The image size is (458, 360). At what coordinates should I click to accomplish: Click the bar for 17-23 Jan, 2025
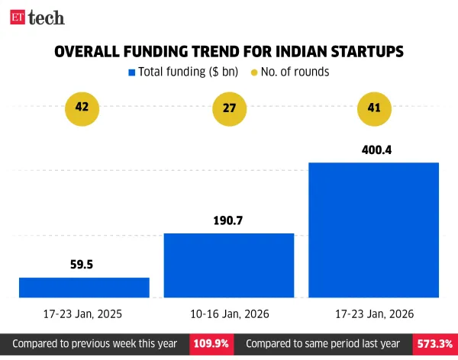pyautogui.click(x=84, y=287)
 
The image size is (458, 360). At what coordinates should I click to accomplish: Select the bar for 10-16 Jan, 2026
pyautogui.click(x=229, y=265)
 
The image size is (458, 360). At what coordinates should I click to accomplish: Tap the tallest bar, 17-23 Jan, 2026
pyautogui.click(x=373, y=230)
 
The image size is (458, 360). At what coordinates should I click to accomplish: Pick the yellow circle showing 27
pyautogui.click(x=229, y=108)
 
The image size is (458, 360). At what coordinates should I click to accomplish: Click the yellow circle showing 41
pyautogui.click(x=373, y=108)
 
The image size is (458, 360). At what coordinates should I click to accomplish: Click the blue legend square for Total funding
pyautogui.click(x=131, y=72)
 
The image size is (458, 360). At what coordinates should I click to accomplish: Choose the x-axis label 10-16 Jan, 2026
pyautogui.click(x=229, y=313)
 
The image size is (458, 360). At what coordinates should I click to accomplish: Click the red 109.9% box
pyautogui.click(x=210, y=344)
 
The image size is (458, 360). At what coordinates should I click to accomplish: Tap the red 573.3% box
pyautogui.click(x=434, y=344)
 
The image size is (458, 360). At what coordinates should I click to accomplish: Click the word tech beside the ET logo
pyautogui.click(x=47, y=18)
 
